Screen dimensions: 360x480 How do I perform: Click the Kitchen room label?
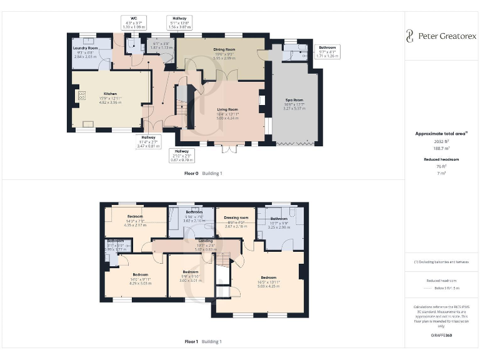coord(110,94)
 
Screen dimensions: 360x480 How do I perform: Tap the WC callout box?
coord(134,22)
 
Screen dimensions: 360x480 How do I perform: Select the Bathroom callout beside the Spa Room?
coord(327,51)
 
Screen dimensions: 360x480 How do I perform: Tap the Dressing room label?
coord(236,217)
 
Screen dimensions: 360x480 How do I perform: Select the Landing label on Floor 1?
coord(206,241)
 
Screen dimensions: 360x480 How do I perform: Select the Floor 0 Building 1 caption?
coord(203,172)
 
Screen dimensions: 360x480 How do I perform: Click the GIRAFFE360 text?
coord(441,336)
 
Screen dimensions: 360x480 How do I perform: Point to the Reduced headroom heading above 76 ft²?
coord(441,159)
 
